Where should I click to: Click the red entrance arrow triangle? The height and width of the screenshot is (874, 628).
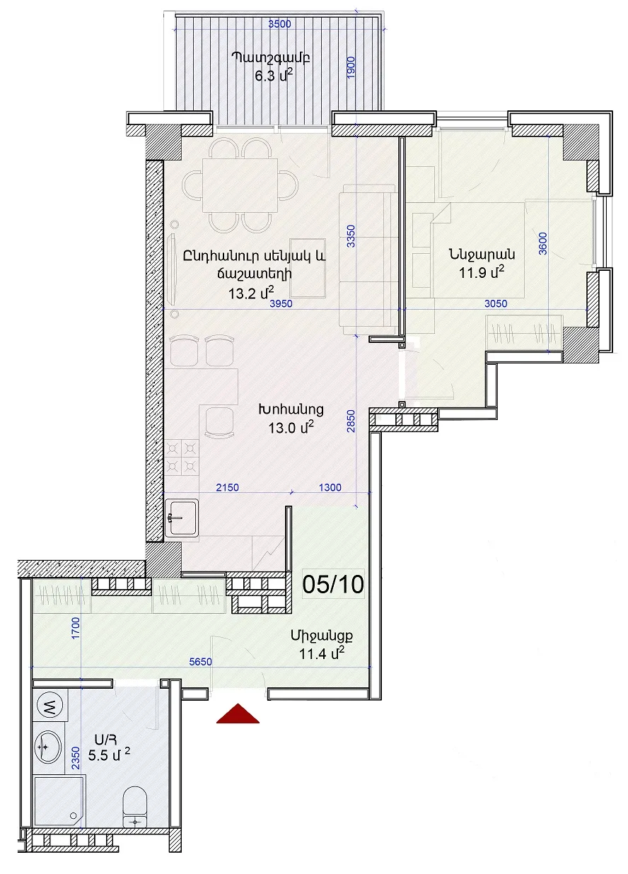coord(238,713)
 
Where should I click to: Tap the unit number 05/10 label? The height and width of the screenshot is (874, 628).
coord(333,584)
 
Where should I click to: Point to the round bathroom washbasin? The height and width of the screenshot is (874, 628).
coord(47,747)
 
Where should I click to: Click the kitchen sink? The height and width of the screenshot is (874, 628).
coord(181,518)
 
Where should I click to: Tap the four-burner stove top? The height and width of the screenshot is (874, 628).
coord(181,457)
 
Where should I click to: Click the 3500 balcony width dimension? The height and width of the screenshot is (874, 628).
coord(279,24)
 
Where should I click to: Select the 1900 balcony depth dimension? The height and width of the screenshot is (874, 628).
coord(351,67)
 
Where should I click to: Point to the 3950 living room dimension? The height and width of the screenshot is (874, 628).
coord(281,303)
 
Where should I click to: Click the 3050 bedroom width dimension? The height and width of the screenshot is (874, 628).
coord(496,303)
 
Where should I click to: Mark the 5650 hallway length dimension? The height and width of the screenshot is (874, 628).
coord(200,661)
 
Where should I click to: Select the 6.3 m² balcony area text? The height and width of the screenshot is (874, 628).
coord(274,75)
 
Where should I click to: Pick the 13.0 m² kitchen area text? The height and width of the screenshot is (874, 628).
coord(291,428)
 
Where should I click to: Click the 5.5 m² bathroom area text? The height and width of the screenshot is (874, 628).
coord(109,755)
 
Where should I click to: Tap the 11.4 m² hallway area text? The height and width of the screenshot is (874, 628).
coord(322,653)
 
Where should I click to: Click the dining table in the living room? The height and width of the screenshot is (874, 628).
coord(240,185)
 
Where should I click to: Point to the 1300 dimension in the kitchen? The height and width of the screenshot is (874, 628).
coord(330,487)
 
